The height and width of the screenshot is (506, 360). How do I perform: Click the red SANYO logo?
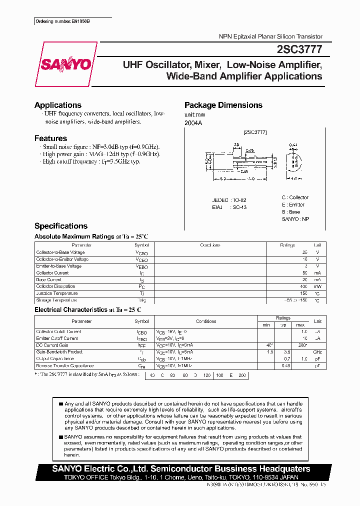coord(65,64)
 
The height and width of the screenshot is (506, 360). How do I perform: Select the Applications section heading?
coord(57,105)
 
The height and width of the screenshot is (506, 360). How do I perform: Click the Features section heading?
coord(50,138)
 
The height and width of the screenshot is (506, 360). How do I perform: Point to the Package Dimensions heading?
coord(223,105)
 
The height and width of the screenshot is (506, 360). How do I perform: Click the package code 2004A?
coord(192,123)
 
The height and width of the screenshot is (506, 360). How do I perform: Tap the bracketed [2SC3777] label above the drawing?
coord(255,132)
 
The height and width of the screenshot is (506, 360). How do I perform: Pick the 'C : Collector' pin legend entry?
coord(295,197)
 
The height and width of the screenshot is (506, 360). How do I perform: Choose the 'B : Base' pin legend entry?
coord(291,212)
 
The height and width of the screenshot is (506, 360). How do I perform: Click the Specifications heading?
coord(60,226)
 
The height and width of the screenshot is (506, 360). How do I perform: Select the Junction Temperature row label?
coord(56,293)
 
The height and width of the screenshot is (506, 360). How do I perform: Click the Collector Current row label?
coord(52,273)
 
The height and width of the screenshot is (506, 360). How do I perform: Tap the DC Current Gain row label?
coord(52,345)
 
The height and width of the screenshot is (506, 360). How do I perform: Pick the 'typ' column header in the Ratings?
coord(283,324)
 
